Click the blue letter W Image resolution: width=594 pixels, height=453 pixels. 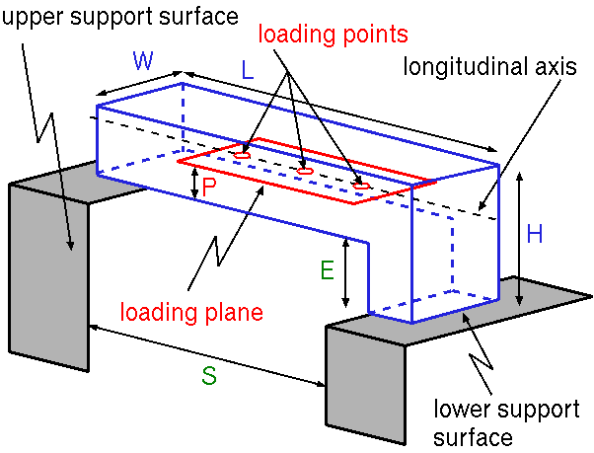pos(144,61)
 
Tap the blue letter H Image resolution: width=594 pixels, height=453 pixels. pos(535,234)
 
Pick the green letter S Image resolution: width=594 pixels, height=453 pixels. pos(209,375)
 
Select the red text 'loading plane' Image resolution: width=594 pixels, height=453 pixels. pos(191,314)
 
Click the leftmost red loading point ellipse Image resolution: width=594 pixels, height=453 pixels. pos(242,155)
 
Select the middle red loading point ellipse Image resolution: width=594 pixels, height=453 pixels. pos(305,171)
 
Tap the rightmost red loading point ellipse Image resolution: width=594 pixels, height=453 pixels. pos(361,186)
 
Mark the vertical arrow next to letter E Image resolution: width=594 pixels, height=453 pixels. pos(346,270)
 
